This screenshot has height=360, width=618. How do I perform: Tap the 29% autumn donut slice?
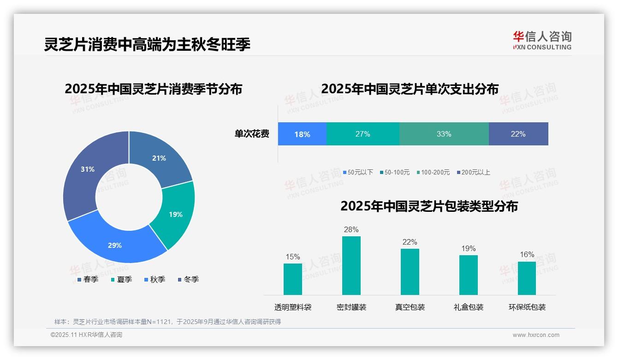coord(115,245)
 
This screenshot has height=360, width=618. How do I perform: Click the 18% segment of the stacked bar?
coord(302,134)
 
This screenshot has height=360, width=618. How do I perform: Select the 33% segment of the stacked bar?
coord(444,134)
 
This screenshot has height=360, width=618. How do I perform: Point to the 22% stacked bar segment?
coord(518,134)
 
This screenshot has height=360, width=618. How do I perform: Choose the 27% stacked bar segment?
coord(362,134)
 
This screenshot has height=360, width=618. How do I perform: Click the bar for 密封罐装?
coord(351,265)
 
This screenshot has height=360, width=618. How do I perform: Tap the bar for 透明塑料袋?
coord(293,279)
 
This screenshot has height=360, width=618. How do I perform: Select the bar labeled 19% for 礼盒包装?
coord(468,275)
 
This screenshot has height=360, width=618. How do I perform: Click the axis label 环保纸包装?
coord(527,307)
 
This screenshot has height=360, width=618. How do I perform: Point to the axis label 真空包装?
coord(410,307)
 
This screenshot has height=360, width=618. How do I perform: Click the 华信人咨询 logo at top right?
coord(542,41)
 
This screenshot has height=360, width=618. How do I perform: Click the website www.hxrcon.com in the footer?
coord(536,335)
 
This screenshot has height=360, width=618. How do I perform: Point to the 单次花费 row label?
coord(252,134)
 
